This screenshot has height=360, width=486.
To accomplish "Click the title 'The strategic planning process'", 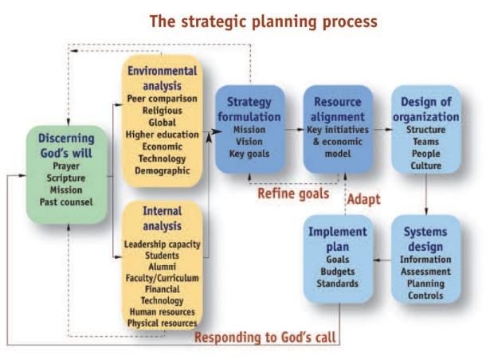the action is [x=264, y=22].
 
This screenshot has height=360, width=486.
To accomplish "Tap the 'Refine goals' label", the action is [x=293, y=194].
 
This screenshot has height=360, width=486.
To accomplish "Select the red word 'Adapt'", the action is [x=363, y=199].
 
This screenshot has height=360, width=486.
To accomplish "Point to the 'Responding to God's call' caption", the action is [x=265, y=337].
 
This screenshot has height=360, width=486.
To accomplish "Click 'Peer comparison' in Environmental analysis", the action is [x=162, y=99].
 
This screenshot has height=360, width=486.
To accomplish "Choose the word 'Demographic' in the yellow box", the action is [x=162, y=170].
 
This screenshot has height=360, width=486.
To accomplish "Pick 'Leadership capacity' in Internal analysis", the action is [x=162, y=245].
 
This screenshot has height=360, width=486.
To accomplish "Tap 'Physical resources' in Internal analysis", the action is [x=162, y=323].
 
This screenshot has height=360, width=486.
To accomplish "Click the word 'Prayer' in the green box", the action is [x=66, y=166].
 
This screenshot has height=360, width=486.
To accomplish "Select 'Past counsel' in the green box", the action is [x=66, y=202].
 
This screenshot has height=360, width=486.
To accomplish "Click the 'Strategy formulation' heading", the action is [x=249, y=109].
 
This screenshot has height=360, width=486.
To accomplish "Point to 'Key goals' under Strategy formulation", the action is [x=249, y=154].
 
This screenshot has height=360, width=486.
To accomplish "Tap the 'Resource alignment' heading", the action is [x=338, y=109].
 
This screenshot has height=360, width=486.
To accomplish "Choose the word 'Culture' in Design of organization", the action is [x=426, y=166].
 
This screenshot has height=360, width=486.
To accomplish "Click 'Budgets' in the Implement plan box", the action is [x=338, y=272].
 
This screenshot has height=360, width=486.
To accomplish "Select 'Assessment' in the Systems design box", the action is [x=425, y=272].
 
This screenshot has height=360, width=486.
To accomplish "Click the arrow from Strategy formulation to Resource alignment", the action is [x=294, y=130].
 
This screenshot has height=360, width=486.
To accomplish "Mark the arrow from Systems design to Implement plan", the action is [x=382, y=260].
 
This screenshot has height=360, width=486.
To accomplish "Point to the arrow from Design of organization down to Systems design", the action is [x=426, y=194].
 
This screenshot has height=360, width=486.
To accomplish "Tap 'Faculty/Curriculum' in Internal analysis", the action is [x=162, y=278].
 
